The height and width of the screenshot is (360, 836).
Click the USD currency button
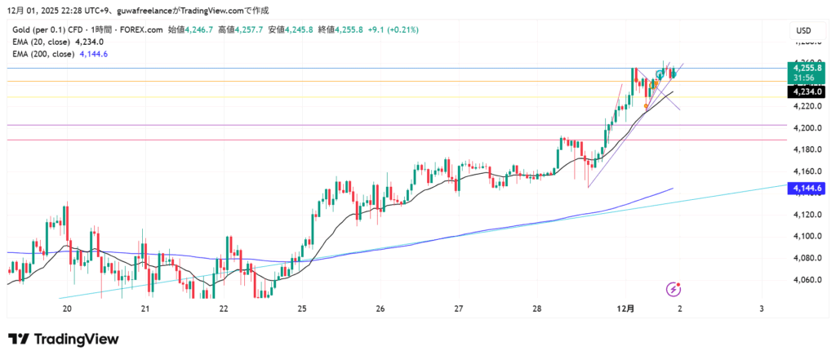pos(804,31)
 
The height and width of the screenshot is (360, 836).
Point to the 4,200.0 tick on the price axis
pos(807,128)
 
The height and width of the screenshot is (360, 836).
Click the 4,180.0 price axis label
pos(807,149)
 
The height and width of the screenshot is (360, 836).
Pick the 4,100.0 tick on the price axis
pos(807,237)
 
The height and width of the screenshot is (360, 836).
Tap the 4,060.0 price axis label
pos(807,280)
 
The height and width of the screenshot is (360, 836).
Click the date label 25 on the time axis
pos(302,309)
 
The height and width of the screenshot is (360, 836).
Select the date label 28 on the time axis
pos(537,309)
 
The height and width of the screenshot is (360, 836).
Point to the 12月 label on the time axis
pos(626,309)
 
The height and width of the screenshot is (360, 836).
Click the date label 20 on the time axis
pos(67,309)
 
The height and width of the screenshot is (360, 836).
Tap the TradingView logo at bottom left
pos(64,339)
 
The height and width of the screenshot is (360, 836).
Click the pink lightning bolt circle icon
pos(674,289)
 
